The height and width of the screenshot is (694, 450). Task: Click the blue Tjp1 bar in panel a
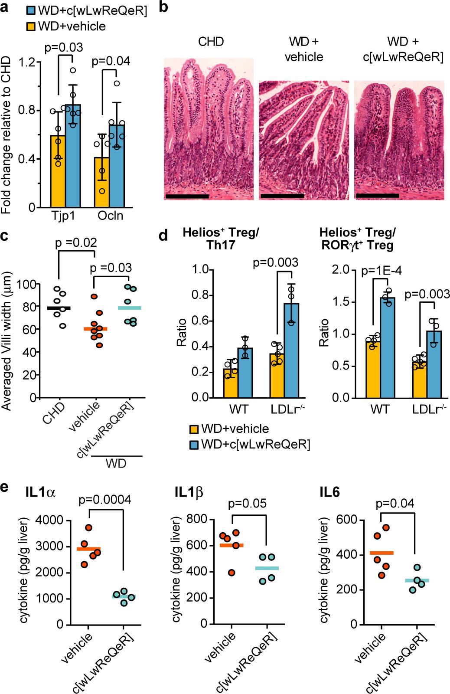click(x=73, y=160)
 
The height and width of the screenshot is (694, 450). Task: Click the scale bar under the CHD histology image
click(x=187, y=196)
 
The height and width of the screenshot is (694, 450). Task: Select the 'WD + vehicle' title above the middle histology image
click(x=304, y=50)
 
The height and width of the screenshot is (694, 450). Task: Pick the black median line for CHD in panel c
click(x=59, y=308)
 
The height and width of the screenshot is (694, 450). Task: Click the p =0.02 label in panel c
click(x=75, y=242)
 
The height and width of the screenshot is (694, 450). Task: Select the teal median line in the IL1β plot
click(x=267, y=568)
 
